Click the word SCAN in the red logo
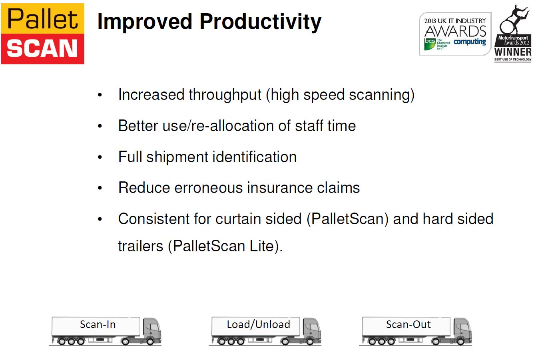coord(42,48)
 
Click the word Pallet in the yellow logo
coord(42,19)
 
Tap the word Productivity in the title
coord(261,22)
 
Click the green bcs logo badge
coord(430,44)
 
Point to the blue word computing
coord(470,42)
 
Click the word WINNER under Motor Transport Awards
coord(513,52)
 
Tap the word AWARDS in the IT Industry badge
coord(455,31)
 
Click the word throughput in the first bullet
coord(225,95)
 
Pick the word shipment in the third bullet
coord(177,157)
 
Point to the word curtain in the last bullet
coord(238,219)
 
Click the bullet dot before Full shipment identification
coord(100,157)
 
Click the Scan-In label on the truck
coord(98,325)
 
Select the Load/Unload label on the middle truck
coord(258,325)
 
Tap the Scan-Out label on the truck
coord(408,325)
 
